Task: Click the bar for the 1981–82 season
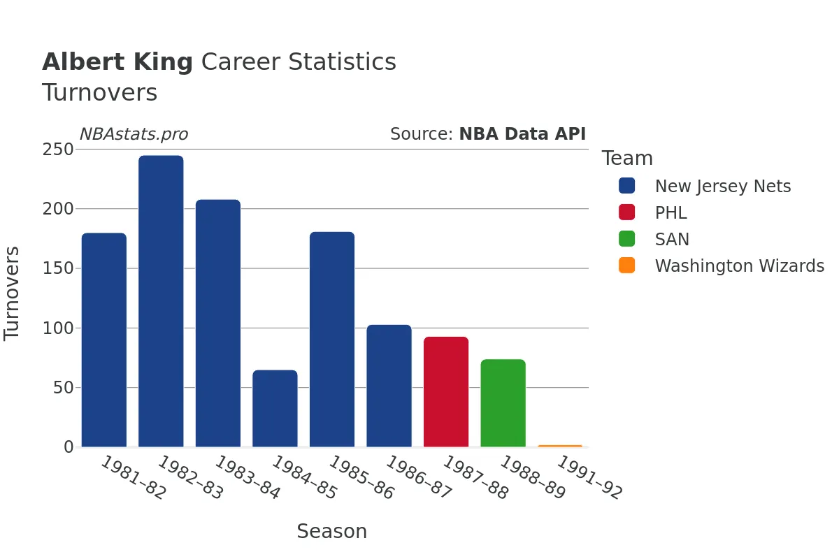pos(104,340)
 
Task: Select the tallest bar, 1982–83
pos(161,301)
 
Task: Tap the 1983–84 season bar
pos(218,323)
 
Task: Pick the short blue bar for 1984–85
pos(275,408)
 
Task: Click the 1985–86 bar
pos(332,339)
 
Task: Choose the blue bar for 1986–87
pos(389,386)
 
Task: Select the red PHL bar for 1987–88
pos(446,391)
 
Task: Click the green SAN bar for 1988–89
pos(503,402)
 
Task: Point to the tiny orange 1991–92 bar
pos(560,445)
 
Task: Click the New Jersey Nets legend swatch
pos(627,186)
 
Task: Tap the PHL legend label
pos(671,213)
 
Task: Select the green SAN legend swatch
pos(627,239)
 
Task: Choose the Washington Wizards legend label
pos(739,266)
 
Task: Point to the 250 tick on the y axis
pos(59,150)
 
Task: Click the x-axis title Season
pos(331,531)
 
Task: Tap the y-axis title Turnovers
pos(13,293)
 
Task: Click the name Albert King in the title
pos(117,62)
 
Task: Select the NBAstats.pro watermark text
pos(134,134)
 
